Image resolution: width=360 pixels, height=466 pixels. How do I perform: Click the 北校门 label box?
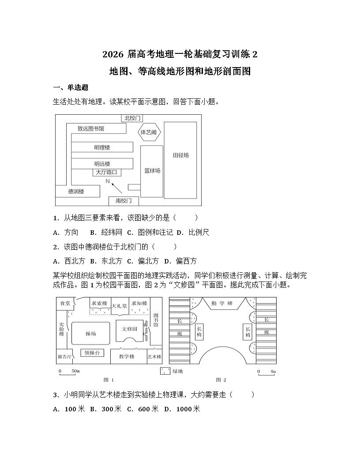(132, 118)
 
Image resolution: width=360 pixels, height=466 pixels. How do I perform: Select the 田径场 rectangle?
(181, 156)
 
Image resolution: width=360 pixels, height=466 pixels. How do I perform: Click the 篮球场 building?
(152, 171)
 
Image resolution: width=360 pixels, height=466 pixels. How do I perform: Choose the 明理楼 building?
(102, 147)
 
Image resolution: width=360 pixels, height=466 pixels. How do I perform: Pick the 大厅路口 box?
(106, 172)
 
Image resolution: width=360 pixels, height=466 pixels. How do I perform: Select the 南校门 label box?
(124, 201)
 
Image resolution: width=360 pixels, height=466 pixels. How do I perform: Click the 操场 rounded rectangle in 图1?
(90, 334)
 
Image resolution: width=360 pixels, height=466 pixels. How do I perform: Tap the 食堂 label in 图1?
(65, 303)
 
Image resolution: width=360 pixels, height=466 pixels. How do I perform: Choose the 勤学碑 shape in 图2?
(222, 304)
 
